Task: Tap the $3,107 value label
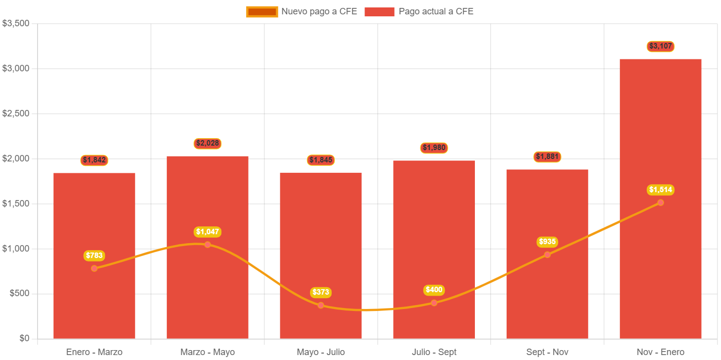point(661,46)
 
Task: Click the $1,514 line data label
point(661,190)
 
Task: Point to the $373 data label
point(320,292)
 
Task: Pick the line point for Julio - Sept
point(434,303)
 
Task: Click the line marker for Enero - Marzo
point(94,268)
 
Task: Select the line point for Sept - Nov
point(547,255)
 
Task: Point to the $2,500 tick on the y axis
point(15,113)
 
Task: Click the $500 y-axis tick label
point(19,293)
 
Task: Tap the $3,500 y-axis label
point(15,23)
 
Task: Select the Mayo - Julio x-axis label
point(320,352)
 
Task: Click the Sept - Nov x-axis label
point(547,352)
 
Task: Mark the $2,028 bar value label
point(207,143)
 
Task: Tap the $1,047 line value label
point(207,231)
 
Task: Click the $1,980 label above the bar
point(434,148)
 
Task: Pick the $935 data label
point(547,242)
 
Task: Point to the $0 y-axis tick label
point(24,338)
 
